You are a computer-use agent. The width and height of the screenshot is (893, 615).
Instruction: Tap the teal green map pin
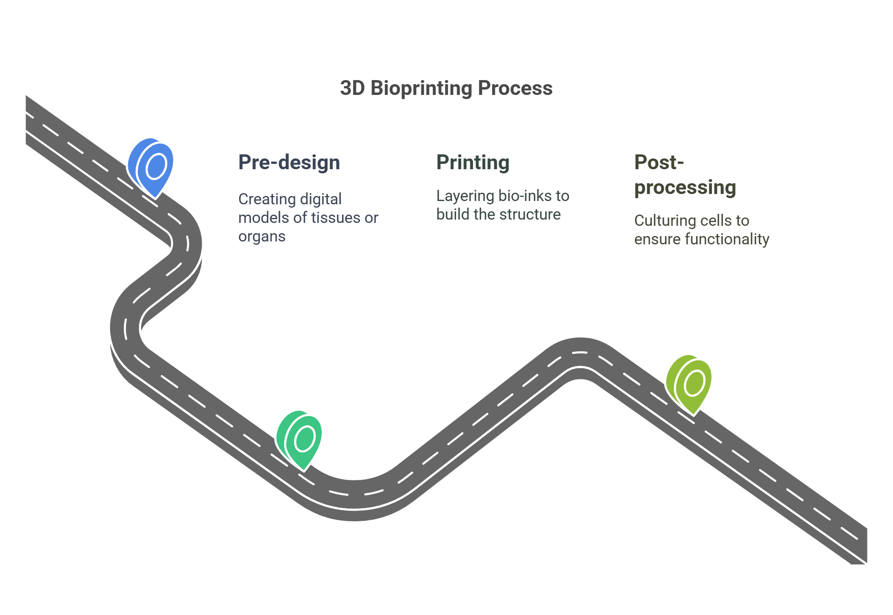click(300, 440)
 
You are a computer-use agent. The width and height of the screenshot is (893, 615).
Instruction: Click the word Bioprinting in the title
click(421, 88)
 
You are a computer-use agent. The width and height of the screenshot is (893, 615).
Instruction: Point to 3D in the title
click(352, 88)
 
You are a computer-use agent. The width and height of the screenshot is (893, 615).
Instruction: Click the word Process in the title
click(515, 88)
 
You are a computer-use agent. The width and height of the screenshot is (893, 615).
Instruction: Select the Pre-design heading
click(289, 162)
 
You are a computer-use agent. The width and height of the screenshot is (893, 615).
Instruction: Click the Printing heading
click(473, 162)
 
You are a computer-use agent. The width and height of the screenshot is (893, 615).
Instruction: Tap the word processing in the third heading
click(685, 187)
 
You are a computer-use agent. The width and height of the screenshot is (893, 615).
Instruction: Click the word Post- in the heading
click(659, 162)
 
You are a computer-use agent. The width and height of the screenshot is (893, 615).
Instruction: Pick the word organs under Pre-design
click(262, 237)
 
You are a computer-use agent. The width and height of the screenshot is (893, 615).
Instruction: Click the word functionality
click(727, 239)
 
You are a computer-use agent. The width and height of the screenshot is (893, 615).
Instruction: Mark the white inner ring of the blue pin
click(156, 166)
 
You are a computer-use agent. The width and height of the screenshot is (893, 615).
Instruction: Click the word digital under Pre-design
click(321, 199)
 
